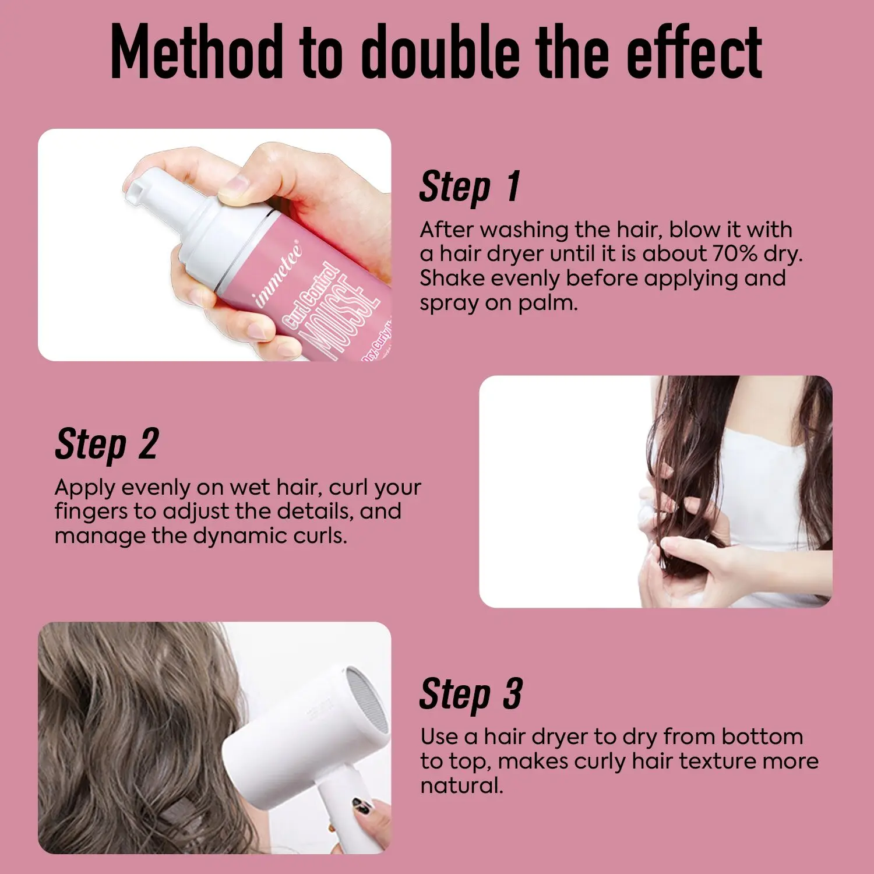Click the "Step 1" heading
click(470, 187)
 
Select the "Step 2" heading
click(107, 445)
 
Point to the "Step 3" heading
click(471, 694)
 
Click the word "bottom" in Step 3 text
click(762, 736)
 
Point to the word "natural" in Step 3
click(461, 785)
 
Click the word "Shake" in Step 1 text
click(452, 278)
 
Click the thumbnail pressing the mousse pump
click(235, 185)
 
